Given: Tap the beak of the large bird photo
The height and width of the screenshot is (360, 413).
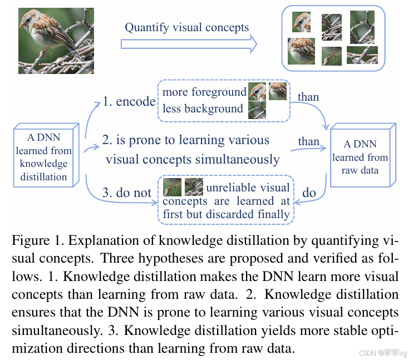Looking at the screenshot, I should pos(22,26).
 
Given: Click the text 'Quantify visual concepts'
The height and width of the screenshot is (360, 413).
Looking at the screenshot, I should pos(186,27).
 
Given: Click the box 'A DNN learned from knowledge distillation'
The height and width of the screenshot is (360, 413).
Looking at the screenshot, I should pos(43,156).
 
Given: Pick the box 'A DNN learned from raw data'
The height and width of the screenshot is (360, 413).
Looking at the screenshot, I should pos(360,157).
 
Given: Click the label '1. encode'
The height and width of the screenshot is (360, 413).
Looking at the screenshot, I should pos(129,101).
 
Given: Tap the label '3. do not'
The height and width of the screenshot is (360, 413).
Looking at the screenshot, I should pos(126,193).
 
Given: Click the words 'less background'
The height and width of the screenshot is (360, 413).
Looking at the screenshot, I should pos(203,109).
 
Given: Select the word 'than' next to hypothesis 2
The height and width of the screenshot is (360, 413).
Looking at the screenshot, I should pos(308,141).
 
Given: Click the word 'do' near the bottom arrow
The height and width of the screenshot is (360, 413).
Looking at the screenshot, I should pos(309,193).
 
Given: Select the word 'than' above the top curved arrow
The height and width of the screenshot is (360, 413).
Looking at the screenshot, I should pos(308,97).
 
